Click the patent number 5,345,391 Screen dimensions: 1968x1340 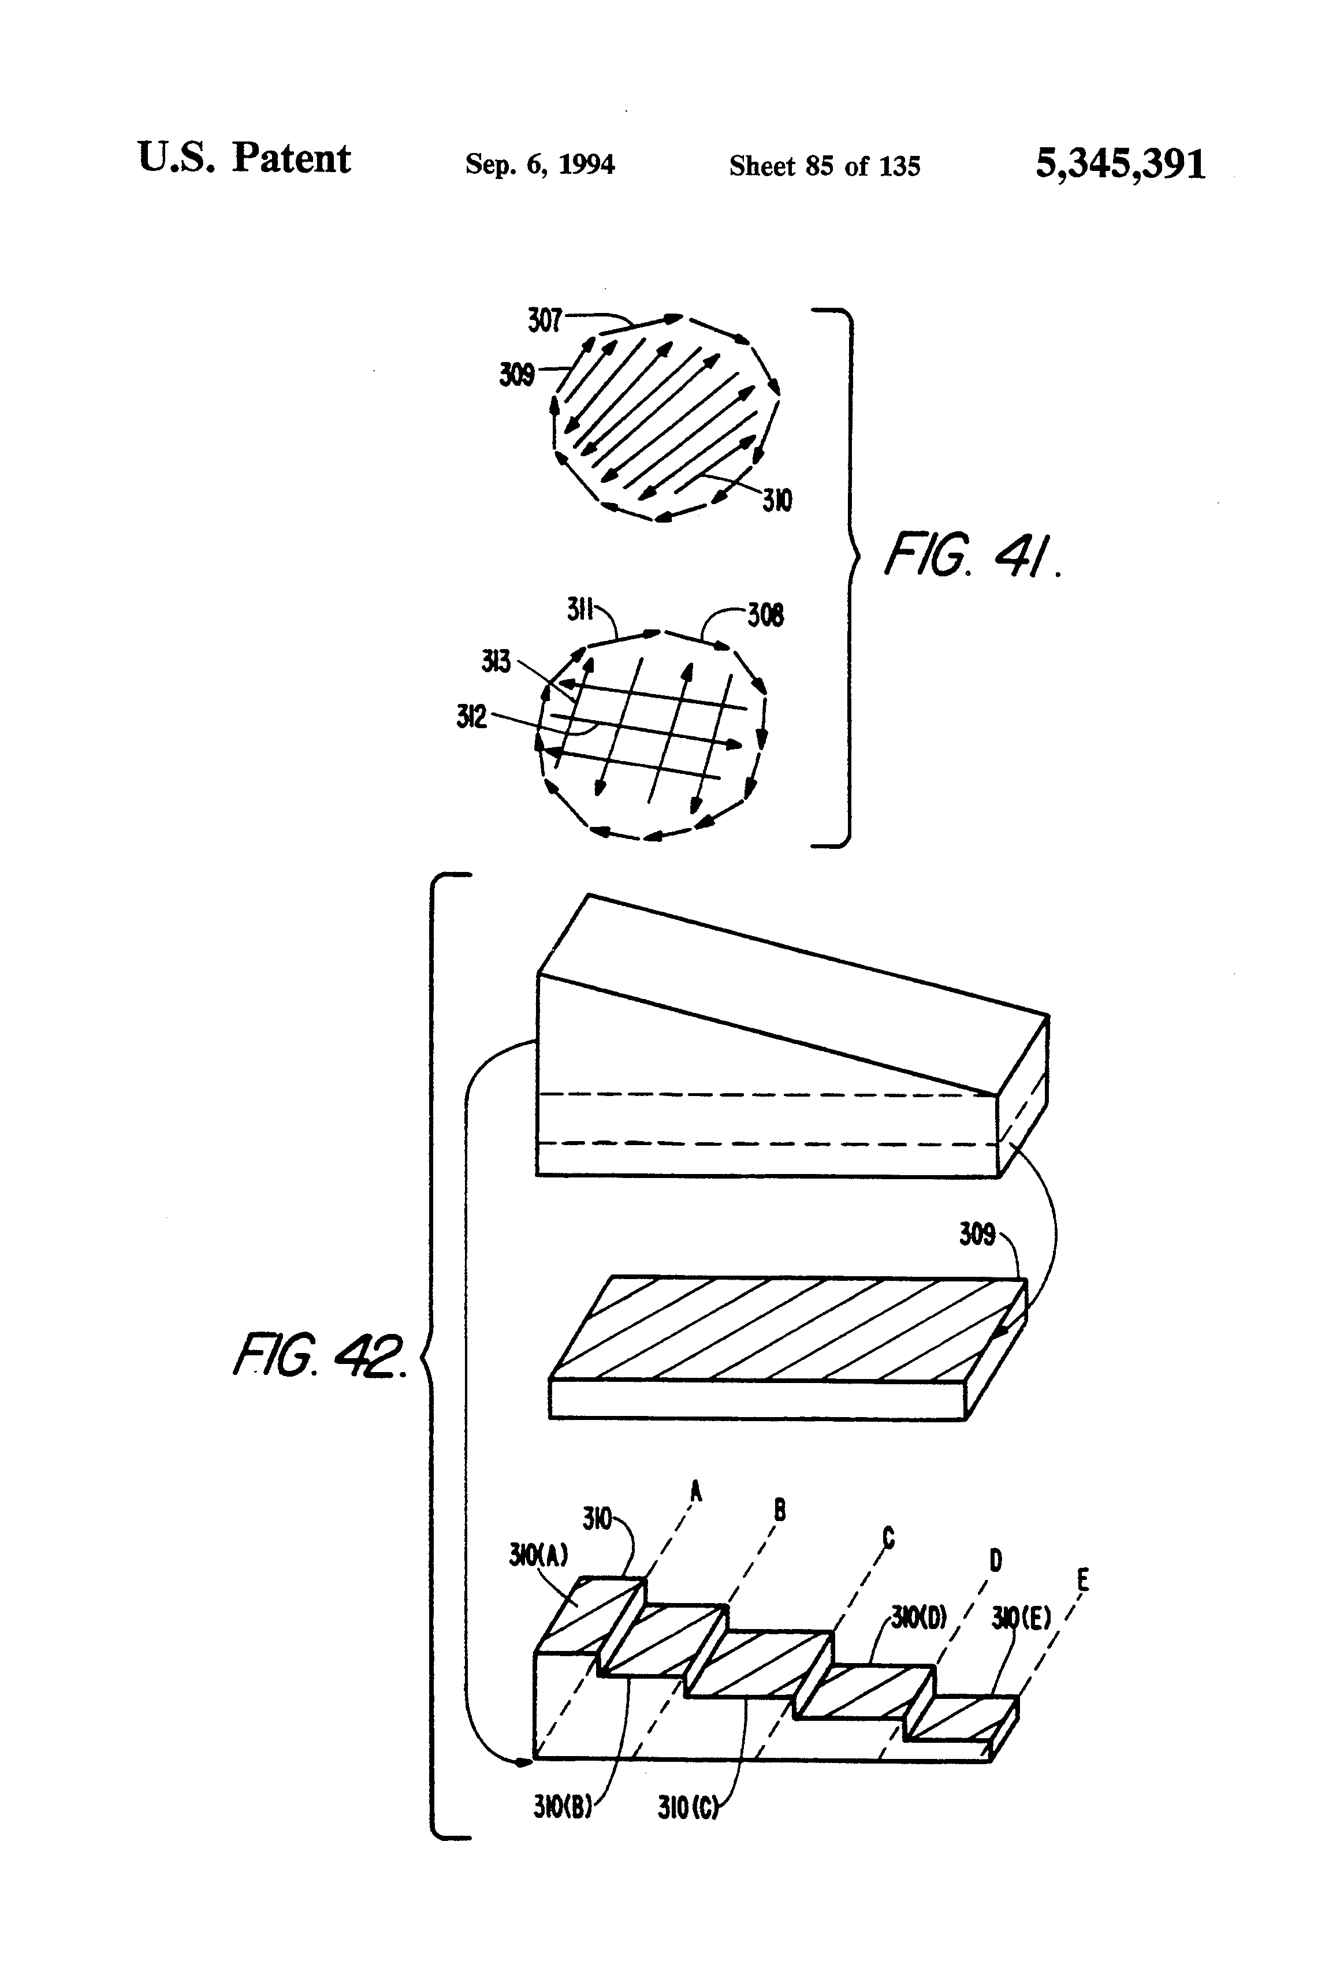click(1120, 164)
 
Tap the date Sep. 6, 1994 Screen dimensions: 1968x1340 click(539, 164)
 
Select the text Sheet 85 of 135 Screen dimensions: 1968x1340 click(824, 166)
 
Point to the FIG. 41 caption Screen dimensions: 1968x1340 click(971, 556)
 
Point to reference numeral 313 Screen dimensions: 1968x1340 click(496, 661)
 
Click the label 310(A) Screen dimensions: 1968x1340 click(538, 1555)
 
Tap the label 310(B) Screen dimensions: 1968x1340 click(561, 1806)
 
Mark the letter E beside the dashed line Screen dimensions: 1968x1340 click(1082, 1580)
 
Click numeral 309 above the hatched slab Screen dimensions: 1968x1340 click(977, 1234)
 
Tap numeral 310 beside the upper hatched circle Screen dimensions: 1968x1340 click(777, 501)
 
